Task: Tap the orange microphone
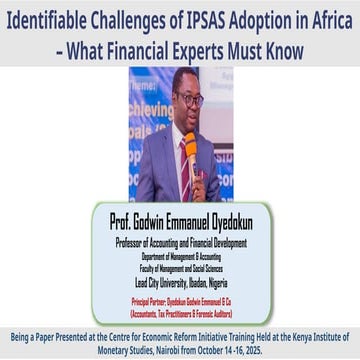[x=189, y=152]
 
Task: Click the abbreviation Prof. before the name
[x=117, y=221]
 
